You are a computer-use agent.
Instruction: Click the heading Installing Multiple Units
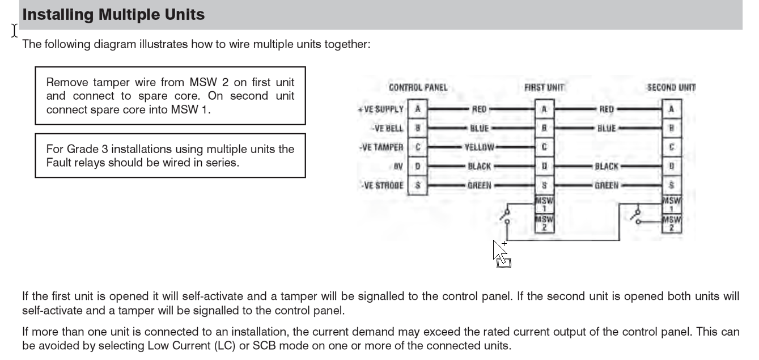[113, 15]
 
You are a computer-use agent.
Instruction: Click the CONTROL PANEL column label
[418, 88]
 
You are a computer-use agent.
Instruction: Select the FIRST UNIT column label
[544, 88]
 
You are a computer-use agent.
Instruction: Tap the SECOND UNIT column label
[671, 88]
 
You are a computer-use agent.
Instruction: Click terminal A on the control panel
[417, 109]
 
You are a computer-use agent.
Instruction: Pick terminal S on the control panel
[417, 185]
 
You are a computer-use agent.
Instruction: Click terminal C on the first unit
[544, 147]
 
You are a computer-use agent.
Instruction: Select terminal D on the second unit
[672, 167]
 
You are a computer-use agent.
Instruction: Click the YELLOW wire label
[480, 147]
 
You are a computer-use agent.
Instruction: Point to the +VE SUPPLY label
[380, 109]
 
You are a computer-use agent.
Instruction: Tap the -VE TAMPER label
[381, 147]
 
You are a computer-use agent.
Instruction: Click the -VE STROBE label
[381, 185]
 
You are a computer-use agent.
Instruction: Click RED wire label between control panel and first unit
[480, 109]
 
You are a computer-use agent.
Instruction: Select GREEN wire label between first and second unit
[607, 185]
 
